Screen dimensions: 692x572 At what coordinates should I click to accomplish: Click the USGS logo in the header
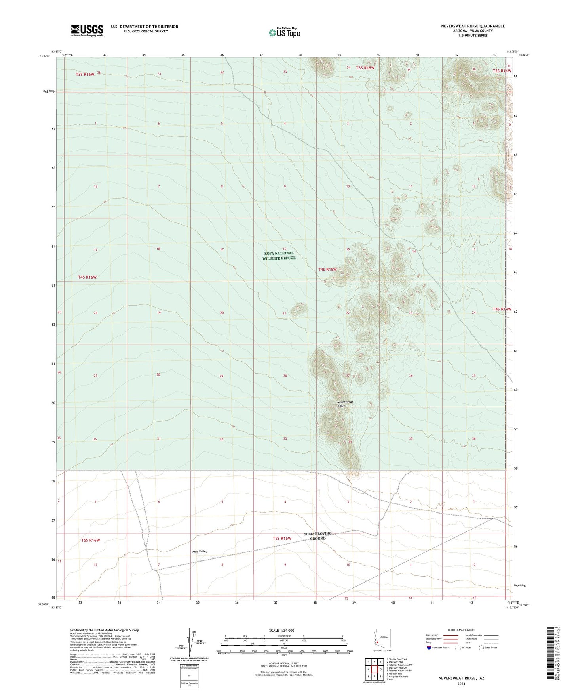pos(87,30)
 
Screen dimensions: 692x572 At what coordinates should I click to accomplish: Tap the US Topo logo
pos(284,32)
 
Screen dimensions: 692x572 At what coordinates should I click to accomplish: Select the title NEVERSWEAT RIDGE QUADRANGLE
pos(473,26)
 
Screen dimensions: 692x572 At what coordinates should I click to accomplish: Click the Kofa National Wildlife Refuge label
pos(279,256)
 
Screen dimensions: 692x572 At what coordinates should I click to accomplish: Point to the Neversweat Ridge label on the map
pos(344,403)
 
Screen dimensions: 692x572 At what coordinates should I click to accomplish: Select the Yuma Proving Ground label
pos(317,536)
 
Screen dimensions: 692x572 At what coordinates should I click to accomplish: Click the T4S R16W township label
pos(87,277)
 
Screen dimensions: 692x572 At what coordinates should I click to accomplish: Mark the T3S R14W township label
pos(502,71)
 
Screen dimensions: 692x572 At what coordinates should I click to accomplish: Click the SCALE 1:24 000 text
pos(281,630)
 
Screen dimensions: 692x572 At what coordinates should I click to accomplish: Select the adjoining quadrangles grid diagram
pos(374,669)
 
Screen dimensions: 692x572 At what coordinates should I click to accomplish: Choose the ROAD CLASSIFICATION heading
pos(461,630)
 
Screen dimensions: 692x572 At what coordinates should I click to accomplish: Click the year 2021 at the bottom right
pos(461,684)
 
